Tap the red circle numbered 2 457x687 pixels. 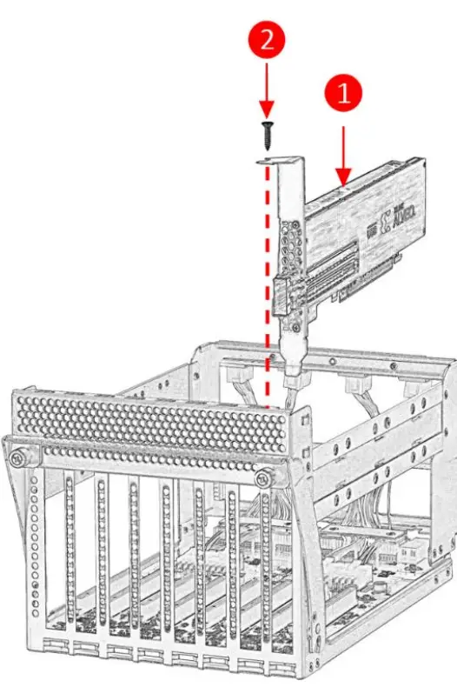[x=268, y=39]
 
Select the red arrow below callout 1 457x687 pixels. [x=345, y=152]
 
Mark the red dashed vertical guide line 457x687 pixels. [x=268, y=287]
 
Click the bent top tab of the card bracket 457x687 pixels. [x=280, y=159]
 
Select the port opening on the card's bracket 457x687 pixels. [x=283, y=296]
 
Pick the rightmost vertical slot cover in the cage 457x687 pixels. [x=265, y=565]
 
